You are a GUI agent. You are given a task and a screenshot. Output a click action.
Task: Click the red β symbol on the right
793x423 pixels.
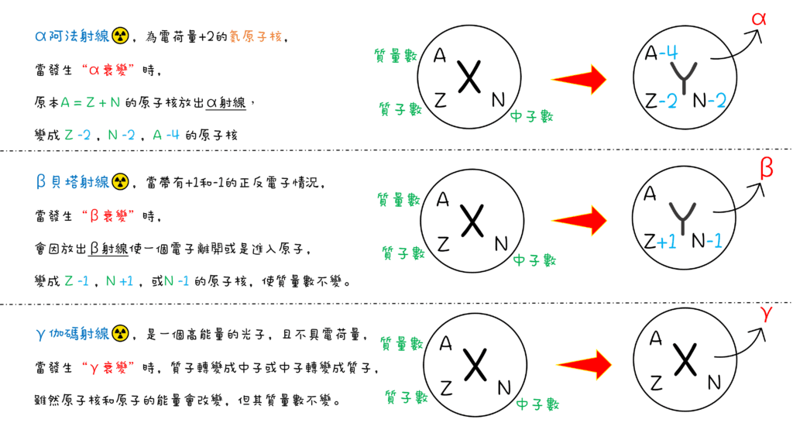765,168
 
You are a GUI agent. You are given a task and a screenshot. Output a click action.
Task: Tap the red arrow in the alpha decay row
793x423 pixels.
579,78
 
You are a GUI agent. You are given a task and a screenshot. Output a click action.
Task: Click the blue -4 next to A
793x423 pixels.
671,53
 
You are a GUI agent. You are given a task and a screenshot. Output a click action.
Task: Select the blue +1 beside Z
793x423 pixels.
667,242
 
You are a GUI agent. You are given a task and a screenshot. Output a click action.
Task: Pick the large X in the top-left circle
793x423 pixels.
467,77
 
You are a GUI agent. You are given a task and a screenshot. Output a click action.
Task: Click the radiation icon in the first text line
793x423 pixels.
119,36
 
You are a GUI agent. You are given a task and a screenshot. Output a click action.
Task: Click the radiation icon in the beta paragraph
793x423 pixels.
119,183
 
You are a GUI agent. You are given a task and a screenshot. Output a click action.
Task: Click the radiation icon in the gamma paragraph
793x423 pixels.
120,335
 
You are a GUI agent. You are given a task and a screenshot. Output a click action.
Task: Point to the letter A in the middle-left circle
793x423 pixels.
443,199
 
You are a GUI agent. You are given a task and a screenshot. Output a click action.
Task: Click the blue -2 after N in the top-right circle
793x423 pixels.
719,101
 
